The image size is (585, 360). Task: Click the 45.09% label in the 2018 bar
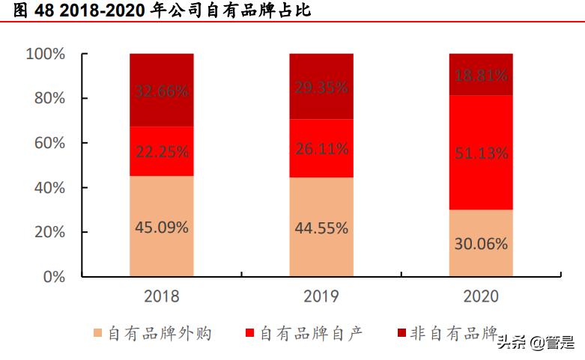click(x=161, y=228)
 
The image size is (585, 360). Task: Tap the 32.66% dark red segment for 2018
click(x=161, y=91)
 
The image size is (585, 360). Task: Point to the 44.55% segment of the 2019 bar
click(x=321, y=228)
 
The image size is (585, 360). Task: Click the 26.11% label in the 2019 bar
click(x=321, y=149)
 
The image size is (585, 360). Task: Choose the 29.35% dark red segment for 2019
click(x=321, y=88)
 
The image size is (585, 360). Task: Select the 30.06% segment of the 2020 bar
click(x=480, y=243)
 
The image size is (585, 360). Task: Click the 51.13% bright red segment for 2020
click(x=480, y=153)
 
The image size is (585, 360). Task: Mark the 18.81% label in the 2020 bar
click(x=480, y=75)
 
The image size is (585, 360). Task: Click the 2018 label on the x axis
click(x=161, y=296)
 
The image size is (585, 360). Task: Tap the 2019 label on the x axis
click(x=321, y=296)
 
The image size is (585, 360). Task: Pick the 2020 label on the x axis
click(x=480, y=296)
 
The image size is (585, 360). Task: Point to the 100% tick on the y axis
click(x=46, y=54)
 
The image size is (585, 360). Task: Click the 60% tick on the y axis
click(x=49, y=143)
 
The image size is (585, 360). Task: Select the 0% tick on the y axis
click(x=53, y=276)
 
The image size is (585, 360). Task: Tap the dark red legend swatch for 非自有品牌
click(x=401, y=333)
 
